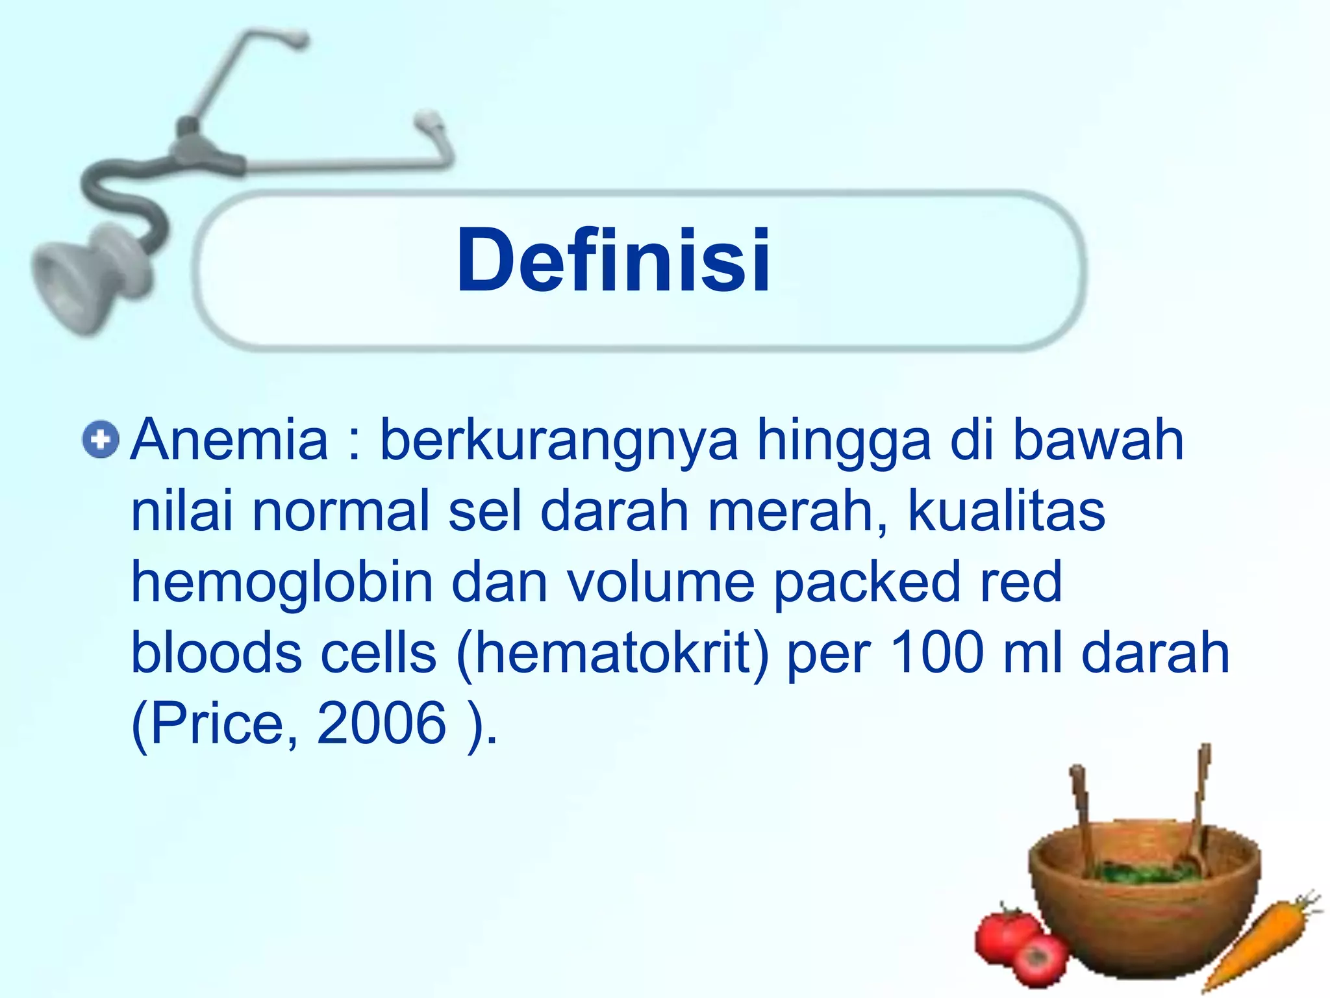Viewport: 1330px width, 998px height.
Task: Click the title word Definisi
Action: [613, 261]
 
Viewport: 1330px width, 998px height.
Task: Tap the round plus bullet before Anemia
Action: [101, 441]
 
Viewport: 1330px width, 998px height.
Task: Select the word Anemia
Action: [229, 441]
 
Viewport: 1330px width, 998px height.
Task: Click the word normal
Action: [342, 511]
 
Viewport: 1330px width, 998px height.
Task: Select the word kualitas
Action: [1006, 511]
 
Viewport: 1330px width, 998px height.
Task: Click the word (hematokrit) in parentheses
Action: [612, 653]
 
